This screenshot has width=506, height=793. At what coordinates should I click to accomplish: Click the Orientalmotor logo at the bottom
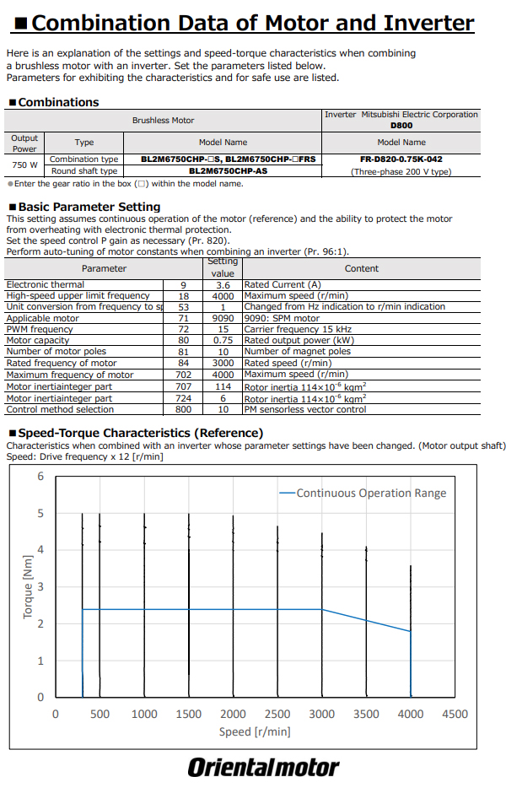coord(263,768)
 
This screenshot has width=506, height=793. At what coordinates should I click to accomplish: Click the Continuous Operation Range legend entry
coord(371,494)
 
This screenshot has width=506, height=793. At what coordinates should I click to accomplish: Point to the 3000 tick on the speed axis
coord(321,715)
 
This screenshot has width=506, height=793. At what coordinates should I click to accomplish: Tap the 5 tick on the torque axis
coord(40,514)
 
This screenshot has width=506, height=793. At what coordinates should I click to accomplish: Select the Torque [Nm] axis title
coord(28,587)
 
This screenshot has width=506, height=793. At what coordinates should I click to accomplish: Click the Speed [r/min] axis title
coord(254,731)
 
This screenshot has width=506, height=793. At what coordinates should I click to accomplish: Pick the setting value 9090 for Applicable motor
coord(223,319)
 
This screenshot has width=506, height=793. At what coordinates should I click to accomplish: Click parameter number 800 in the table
coord(183,410)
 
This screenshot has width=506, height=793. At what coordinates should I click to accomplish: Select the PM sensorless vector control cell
coord(305,410)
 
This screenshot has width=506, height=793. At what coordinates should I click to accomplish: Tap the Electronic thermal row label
coord(46,285)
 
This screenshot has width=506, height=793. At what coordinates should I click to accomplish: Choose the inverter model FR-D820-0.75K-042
coord(401,159)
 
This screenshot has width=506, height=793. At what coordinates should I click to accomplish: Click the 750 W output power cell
coord(24,165)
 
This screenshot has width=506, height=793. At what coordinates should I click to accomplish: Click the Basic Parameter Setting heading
coord(89,207)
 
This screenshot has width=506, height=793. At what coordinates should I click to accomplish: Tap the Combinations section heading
coord(58,102)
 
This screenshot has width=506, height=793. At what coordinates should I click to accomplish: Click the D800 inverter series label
coord(401,126)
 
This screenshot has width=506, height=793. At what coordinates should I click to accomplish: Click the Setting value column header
coord(223,267)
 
